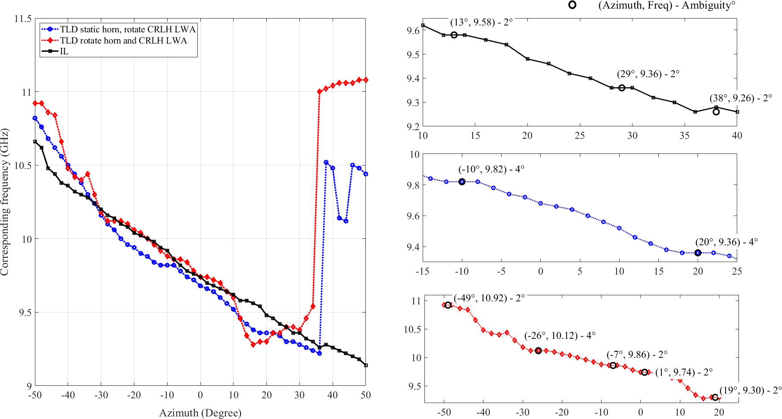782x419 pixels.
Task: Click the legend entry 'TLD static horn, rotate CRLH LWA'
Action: (128, 29)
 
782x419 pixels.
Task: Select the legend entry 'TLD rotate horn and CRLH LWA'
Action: (123, 41)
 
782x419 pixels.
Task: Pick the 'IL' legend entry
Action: (64, 51)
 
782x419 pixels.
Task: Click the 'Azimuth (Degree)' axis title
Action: (200, 413)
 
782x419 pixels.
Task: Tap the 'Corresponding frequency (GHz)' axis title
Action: (5, 202)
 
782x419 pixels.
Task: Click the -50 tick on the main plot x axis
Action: (35, 395)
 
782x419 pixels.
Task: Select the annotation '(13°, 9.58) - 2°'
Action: (481, 22)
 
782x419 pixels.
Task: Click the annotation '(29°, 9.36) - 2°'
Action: (648, 74)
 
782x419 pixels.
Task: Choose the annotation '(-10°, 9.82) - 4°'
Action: (491, 169)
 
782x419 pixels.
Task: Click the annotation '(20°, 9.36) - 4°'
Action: (726, 242)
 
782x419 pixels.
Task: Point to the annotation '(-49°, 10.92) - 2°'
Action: (489, 298)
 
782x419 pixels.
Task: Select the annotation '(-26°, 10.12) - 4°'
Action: (560, 336)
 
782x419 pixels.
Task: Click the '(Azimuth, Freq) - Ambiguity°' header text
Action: (667, 6)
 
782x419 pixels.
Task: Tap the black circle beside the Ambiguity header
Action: (572, 5)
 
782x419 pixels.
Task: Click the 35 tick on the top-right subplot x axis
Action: (685, 135)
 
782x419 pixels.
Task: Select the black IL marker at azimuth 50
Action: (366, 365)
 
